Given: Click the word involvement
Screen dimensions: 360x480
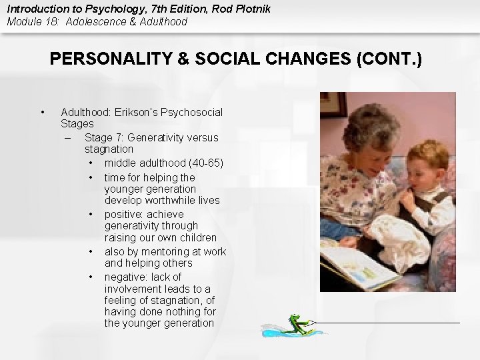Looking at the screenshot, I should (135, 289).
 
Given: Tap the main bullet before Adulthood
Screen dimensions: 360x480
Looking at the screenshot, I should (42, 112).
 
